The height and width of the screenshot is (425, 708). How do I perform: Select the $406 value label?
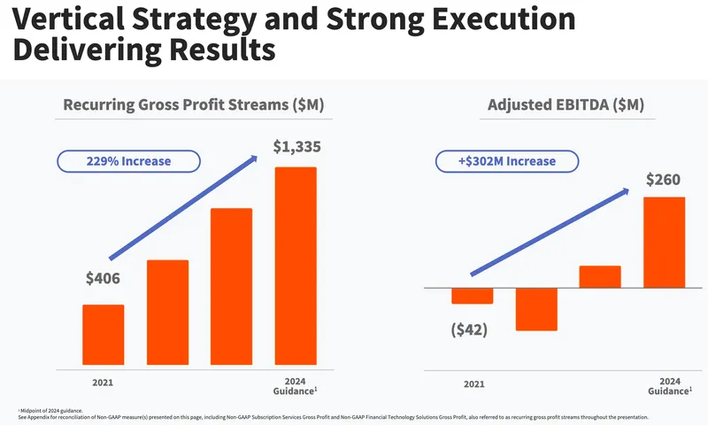coord(103,278)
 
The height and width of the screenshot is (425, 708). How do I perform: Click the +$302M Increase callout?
coord(506,161)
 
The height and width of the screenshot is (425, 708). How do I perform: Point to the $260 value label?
coord(663,180)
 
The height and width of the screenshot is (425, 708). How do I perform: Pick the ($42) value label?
coord(469,330)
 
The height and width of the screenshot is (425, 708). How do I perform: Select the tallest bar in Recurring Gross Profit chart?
coord(296,266)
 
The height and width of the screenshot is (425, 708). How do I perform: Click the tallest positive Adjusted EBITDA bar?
coord(664,242)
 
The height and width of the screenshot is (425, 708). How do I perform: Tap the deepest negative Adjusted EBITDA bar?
coord(536,309)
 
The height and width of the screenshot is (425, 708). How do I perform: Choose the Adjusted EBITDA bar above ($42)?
coord(472,296)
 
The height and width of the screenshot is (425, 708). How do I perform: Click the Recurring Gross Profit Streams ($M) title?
coord(193,105)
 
